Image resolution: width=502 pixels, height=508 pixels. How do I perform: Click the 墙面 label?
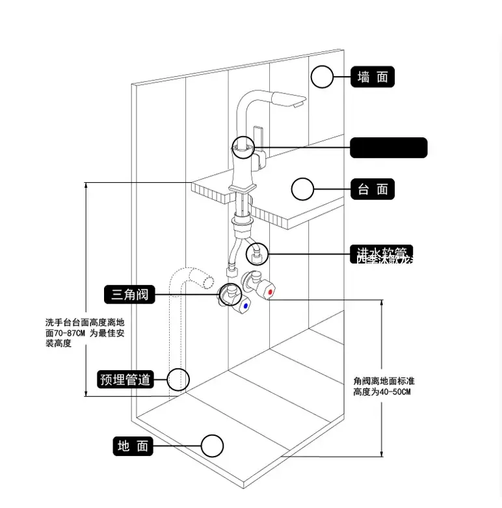click(373, 77)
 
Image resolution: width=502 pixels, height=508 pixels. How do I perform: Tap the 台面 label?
click(373, 189)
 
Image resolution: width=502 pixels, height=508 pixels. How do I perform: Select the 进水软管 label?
click(381, 254)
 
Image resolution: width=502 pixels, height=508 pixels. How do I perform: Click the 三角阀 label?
click(129, 295)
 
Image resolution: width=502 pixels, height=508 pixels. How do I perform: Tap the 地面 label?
click(133, 446)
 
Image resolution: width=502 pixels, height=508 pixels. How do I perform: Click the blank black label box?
click(389, 148)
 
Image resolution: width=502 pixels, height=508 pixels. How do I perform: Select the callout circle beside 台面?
click(302, 189)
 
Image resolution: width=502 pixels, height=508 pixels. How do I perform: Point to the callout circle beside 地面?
click(212, 446)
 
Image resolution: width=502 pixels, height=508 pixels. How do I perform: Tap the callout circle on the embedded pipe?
click(178, 379)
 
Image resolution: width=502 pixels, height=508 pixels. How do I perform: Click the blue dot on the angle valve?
click(245, 305)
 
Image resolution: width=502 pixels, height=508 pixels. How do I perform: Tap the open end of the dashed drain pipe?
click(207, 282)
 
